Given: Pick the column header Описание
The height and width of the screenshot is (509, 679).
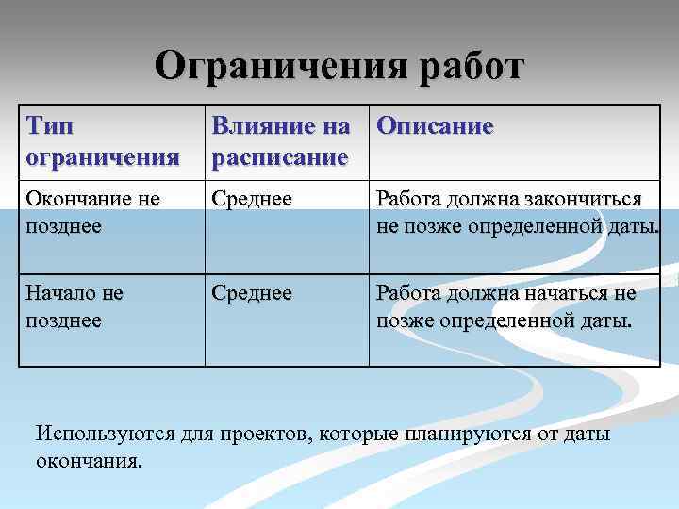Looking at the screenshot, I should [x=434, y=126].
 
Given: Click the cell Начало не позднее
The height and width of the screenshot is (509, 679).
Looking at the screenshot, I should [x=75, y=307].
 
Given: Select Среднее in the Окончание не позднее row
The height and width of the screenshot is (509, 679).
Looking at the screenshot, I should [x=252, y=199].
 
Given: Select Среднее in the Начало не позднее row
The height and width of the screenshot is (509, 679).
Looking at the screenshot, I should [x=252, y=294].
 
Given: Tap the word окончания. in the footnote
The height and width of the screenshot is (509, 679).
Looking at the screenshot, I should [x=89, y=462].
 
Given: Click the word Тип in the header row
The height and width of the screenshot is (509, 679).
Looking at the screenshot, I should [x=48, y=126].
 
